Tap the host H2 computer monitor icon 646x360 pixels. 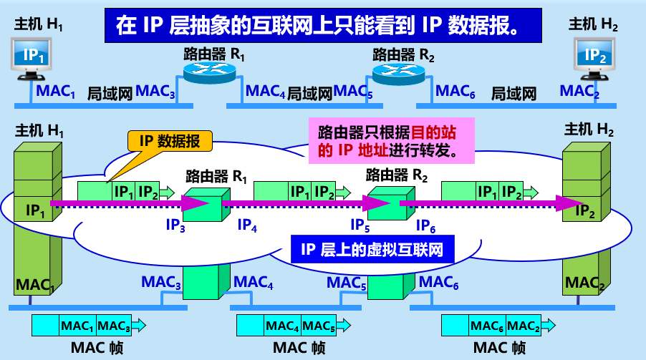pyautogui.click(x=596, y=57)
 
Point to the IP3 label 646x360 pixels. pyautogui.click(x=176, y=225)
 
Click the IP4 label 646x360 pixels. pyautogui.click(x=248, y=225)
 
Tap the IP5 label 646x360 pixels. pyautogui.click(x=360, y=225)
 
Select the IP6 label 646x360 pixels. pyautogui.click(x=427, y=225)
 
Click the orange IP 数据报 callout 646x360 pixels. pyautogui.click(x=170, y=141)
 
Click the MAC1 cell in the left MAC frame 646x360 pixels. pyautogui.click(x=77, y=326)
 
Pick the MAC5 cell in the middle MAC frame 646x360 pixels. pyautogui.click(x=317, y=326)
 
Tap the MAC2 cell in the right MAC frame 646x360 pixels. pyautogui.click(x=524, y=326)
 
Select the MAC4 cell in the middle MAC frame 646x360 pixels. pyautogui.click(x=282, y=326)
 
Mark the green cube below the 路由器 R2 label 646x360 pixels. pyautogui.click(x=387, y=205)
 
